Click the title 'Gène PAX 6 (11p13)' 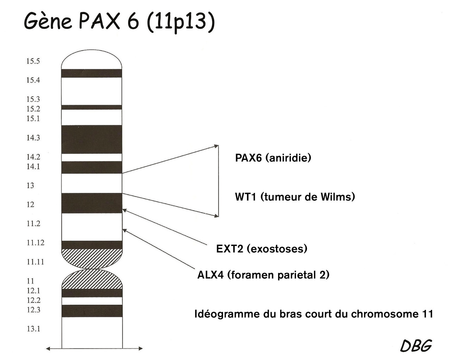[x=119, y=22]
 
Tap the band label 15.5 [x=33, y=61]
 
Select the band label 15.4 [x=33, y=80]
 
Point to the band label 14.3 [x=33, y=138]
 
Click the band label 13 [x=30, y=185]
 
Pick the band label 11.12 [x=35, y=243]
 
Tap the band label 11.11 [x=35, y=262]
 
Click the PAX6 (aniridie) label [x=273, y=158]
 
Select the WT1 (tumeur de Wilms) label [x=295, y=196]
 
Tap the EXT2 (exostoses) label [x=261, y=249]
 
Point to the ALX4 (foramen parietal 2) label [x=263, y=274]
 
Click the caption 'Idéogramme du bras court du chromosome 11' [x=314, y=314]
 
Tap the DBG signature [x=416, y=346]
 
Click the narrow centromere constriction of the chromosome [x=92, y=269]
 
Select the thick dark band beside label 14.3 [x=92, y=139]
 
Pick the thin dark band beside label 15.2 [x=92, y=107]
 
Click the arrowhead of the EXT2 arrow [x=124, y=210]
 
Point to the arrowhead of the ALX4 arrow [x=124, y=230]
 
